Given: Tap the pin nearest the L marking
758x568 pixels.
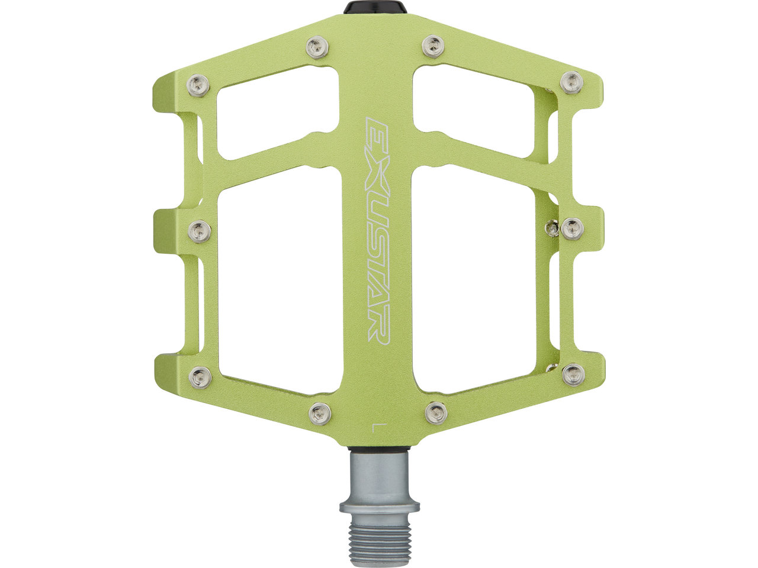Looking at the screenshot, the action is point(436,412).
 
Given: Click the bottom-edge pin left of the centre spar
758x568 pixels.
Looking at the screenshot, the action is point(320,413).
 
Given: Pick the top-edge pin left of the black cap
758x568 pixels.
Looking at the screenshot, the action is point(317,47).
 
